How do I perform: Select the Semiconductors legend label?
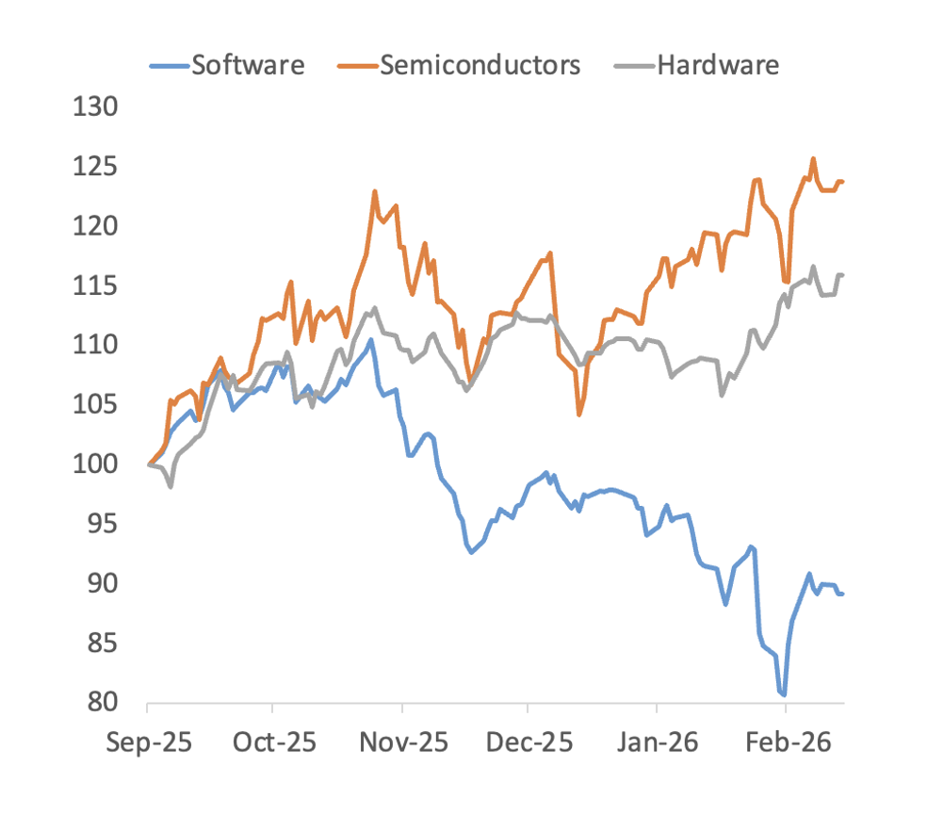pyautogui.click(x=480, y=65)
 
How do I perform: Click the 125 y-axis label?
pyautogui.click(x=97, y=167)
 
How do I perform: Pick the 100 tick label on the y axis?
pyautogui.click(x=97, y=464)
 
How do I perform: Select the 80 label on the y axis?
pyautogui.click(x=104, y=703)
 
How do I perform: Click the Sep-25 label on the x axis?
pyautogui.click(x=149, y=742)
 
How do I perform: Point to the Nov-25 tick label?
pyautogui.click(x=401, y=742)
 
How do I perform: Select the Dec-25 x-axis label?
pyautogui.click(x=528, y=742)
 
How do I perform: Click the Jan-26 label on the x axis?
pyautogui.click(x=657, y=742)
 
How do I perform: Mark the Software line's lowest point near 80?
pyautogui.click(x=784, y=694)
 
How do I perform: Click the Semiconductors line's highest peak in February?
pyautogui.click(x=813, y=158)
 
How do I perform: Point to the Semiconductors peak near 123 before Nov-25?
pyautogui.click(x=375, y=191)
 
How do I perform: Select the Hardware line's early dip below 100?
pyautogui.click(x=171, y=487)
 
